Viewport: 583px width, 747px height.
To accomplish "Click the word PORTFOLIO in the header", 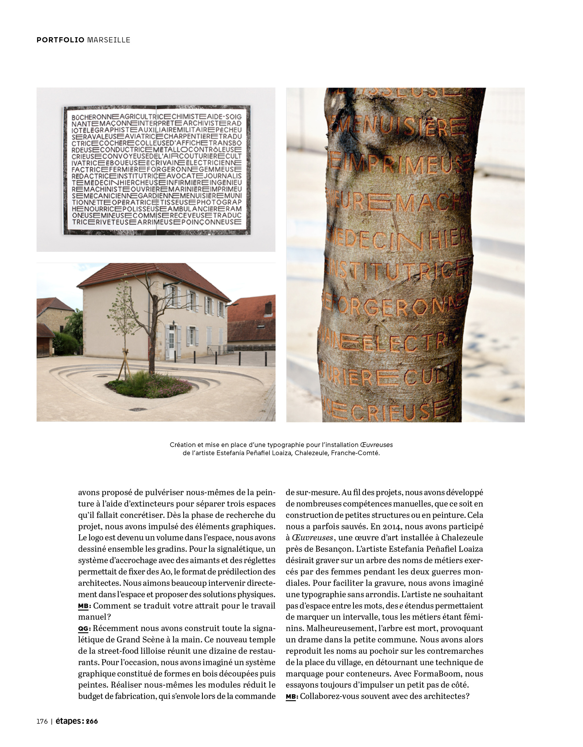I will tap(60, 40).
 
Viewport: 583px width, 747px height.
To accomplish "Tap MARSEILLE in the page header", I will tap(109, 40).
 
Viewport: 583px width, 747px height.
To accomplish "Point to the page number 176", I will tap(42, 721).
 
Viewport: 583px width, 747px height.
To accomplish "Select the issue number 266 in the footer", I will tap(91, 721).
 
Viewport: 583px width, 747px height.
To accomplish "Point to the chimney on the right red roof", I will tap(268, 308).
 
